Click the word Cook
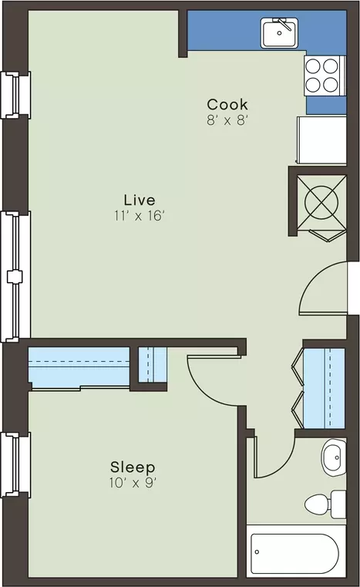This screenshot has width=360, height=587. [x=227, y=104]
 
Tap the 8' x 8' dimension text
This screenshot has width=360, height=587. [x=227, y=120]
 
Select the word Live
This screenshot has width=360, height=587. [x=140, y=200]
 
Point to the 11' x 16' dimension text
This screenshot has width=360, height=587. [x=140, y=216]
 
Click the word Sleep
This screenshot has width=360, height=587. [x=133, y=467]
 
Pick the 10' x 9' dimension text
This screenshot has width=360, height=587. [x=133, y=483]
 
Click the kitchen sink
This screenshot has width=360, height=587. [x=279, y=33]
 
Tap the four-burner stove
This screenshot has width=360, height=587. [x=325, y=76]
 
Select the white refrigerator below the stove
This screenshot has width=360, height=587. [x=321, y=140]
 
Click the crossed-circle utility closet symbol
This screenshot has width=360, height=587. [x=321, y=203]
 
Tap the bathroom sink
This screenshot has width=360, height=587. [x=334, y=457]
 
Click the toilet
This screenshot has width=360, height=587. [x=325, y=504]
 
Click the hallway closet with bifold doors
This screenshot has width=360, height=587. [x=323, y=388]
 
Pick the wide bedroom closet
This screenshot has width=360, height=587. [x=79, y=367]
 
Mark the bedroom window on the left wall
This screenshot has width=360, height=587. [x=15, y=464]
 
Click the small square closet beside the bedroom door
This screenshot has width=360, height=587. [x=153, y=365]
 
